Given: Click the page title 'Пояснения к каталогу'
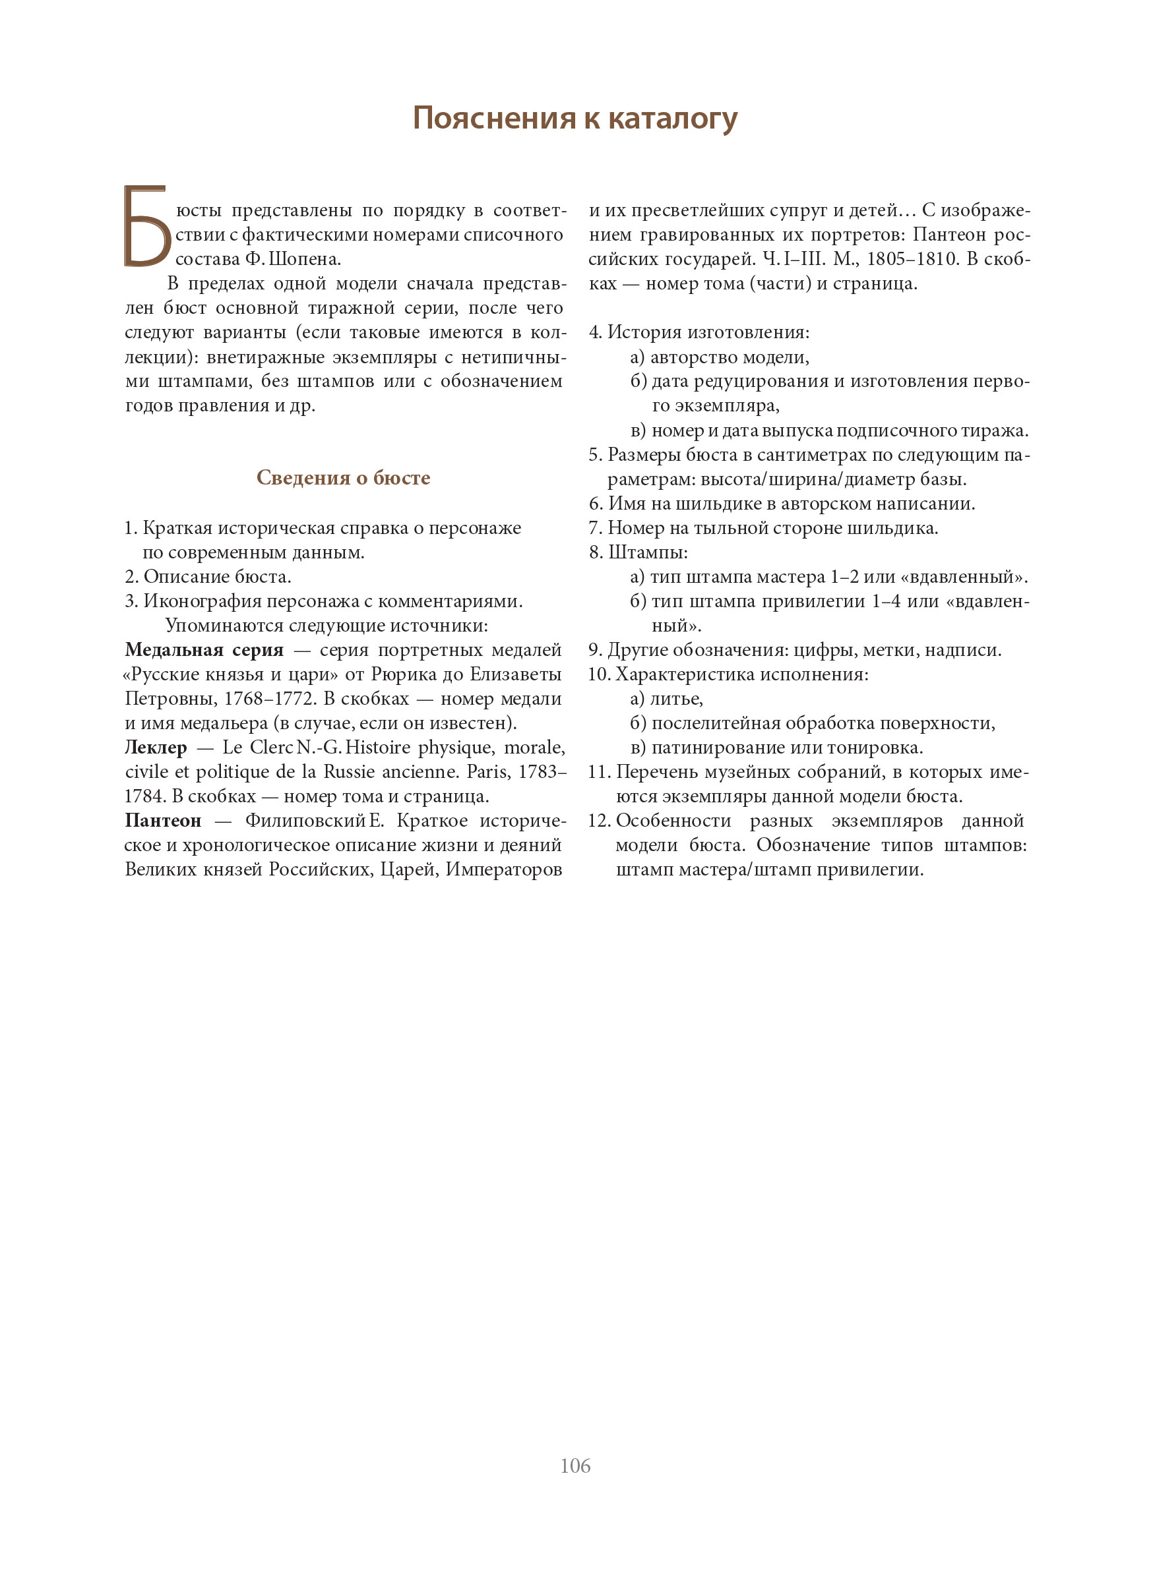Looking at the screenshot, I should pos(575,118).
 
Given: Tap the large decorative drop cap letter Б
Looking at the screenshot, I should pos(146,227).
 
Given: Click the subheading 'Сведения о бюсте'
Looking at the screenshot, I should pos(343,478).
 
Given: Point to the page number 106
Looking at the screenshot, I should pos(575,1466).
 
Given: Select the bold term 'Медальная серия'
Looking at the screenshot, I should pos(204,650).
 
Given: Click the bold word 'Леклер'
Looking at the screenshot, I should pos(156,748).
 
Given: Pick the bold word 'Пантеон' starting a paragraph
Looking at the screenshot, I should pos(163,821).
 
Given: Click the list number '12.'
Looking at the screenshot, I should pos(600,821).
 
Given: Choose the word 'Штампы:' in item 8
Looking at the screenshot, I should pos(648,552).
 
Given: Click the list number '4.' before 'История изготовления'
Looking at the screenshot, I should pos(596,333).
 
